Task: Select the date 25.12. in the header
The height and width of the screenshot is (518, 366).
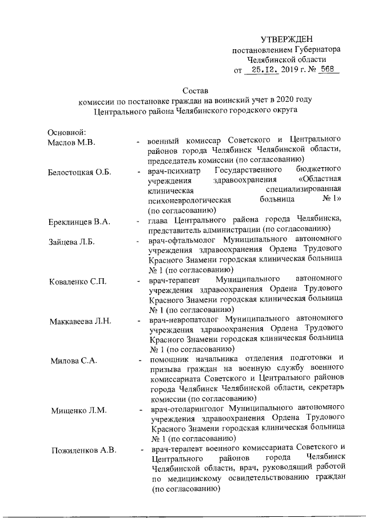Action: click(261, 70)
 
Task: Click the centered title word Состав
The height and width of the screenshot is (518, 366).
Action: click(195, 90)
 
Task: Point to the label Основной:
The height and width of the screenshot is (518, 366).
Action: click(66, 132)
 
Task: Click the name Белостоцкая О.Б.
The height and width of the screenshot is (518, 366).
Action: click(79, 172)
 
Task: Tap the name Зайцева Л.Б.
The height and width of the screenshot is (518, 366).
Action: click(72, 242)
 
